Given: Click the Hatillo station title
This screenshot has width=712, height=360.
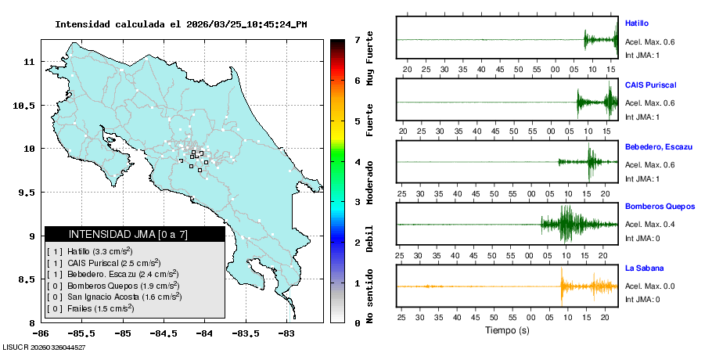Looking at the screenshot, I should pos(637,23).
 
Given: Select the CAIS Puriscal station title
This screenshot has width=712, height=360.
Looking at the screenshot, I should pos(650,85).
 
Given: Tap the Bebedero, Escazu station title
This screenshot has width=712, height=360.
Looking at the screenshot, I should pos(659,146).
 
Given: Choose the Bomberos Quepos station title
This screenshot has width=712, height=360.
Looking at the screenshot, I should pos(660,207).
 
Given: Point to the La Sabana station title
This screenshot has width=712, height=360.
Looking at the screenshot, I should pos(642,268).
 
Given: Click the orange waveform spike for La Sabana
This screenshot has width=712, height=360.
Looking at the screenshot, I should pos(561,286).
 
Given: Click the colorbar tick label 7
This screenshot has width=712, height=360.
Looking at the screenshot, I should pos(357,39).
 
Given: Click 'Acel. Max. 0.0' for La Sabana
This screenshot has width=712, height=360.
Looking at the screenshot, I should pos(649,286).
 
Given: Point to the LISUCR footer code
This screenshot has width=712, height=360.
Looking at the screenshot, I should pos(44,347).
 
